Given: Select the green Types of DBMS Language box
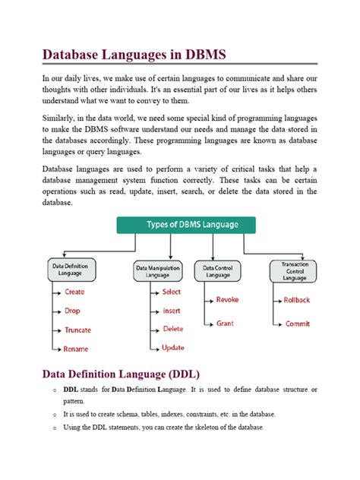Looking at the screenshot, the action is [x=185, y=225].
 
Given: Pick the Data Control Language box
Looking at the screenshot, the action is [x=218, y=271].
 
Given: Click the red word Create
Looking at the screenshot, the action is [x=74, y=292].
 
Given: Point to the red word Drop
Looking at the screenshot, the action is [x=73, y=311].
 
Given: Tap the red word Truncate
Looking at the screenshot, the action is [x=77, y=330].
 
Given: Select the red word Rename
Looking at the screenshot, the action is [x=76, y=349].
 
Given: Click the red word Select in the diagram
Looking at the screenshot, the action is [x=171, y=292].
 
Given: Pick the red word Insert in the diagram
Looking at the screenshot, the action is [x=171, y=311].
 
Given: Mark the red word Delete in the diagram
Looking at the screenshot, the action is [x=172, y=330].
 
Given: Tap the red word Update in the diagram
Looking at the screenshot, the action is [x=172, y=348].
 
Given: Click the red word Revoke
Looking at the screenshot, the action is [x=227, y=300].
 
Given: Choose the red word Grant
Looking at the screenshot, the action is [x=224, y=324].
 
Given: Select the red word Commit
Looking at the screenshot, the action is [x=297, y=324].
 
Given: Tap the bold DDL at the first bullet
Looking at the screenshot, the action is [x=71, y=389].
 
